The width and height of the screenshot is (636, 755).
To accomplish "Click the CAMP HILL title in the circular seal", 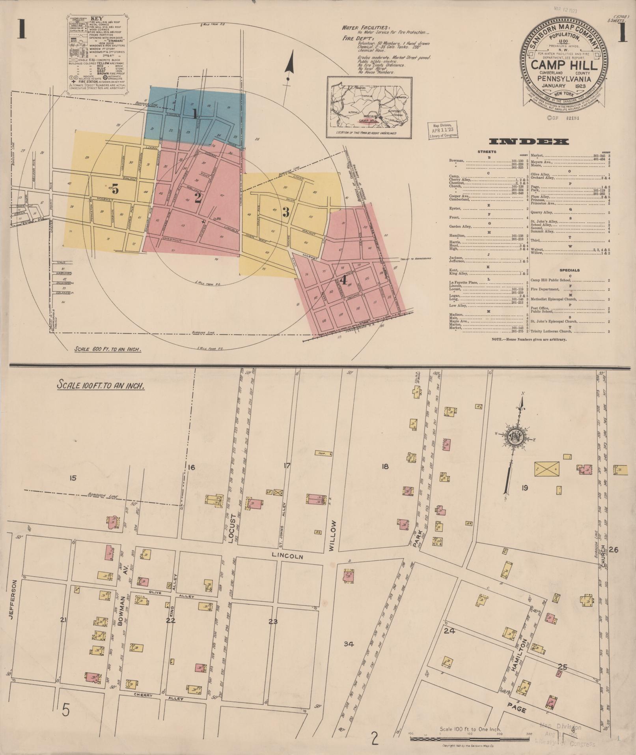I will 565,64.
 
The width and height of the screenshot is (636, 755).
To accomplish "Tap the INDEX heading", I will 529,142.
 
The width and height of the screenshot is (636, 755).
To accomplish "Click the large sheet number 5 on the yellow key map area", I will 115,190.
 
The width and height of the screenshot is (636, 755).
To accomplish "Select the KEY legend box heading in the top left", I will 96,18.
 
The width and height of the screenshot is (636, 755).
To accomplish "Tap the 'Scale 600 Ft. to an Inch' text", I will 108,349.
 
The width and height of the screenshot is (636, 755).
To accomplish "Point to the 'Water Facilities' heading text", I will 366,28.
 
